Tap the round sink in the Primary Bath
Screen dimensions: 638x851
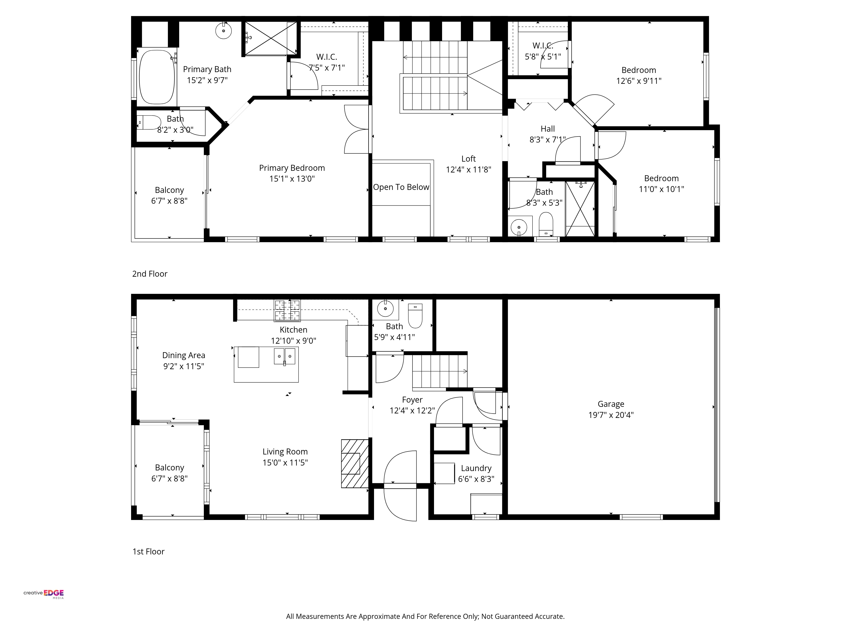coord(224,31)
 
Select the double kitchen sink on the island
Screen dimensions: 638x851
coord(285,356)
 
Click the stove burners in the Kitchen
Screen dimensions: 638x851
coord(287,310)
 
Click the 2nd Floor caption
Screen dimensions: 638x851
coord(150,274)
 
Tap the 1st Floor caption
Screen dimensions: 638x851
coord(148,551)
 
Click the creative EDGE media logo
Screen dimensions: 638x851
coord(44,593)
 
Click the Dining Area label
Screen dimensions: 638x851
coord(184,355)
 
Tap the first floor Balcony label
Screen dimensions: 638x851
coord(169,468)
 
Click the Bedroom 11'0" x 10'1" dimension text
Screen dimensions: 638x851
coord(661,189)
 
